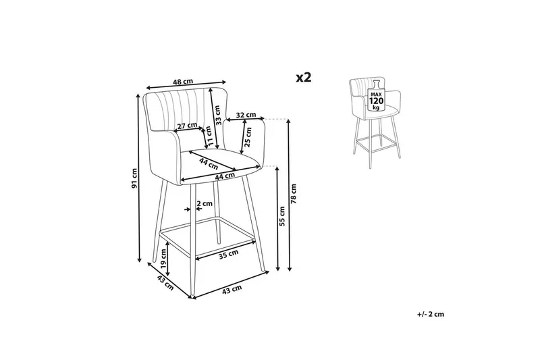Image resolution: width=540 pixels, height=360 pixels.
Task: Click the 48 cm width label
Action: coord(183,82)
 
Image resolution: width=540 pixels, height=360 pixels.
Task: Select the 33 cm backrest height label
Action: coord(217,115)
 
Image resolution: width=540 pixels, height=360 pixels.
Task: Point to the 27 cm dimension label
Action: coord(188,126)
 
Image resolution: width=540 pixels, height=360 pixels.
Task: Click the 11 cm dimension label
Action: coord(209,136)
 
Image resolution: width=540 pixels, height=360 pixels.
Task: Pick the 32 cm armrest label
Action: coord(246,115)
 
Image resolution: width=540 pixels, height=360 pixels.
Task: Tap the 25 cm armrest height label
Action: coord(248,136)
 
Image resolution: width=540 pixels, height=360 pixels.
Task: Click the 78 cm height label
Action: coord(294,194)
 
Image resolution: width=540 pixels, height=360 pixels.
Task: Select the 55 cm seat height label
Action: coord(282,216)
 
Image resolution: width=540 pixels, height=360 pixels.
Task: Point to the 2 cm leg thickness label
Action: coord(205,203)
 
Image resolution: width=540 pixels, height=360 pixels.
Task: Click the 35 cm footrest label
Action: coord(229,254)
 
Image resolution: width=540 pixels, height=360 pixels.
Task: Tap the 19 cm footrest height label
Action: coord(163,259)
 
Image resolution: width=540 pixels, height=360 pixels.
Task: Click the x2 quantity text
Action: coord(304,78)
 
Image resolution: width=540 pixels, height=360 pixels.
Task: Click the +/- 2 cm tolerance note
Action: coord(431,314)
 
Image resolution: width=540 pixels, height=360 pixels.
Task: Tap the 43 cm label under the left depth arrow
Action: coord(165,282)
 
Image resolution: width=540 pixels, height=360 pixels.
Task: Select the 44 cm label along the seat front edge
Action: coord(225,176)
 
